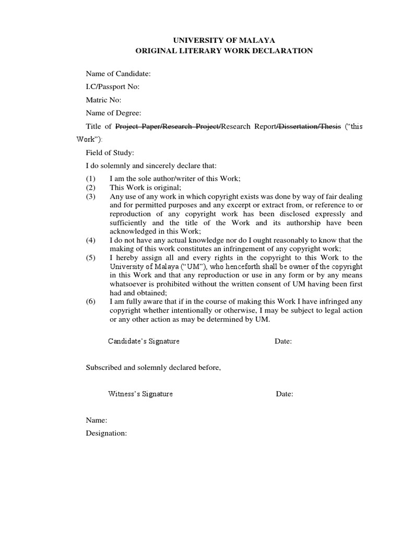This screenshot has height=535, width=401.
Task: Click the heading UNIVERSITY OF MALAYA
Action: point(224,40)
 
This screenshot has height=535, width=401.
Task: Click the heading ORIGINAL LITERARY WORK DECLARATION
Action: point(224,51)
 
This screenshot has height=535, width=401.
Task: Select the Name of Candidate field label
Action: point(118,74)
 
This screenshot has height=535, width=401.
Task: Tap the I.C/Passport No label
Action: point(112,87)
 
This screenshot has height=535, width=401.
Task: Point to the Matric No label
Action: point(103,100)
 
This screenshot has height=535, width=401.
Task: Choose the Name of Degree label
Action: point(113,113)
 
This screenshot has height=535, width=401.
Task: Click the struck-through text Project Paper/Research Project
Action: point(168,126)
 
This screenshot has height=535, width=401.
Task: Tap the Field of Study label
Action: point(110,153)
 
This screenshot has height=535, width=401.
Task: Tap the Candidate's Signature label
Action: point(144,341)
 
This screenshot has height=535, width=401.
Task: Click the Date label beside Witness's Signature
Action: point(285,394)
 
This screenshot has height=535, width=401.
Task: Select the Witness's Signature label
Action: point(140,394)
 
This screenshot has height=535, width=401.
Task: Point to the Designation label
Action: point(107,434)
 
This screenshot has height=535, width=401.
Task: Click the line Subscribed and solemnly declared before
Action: point(154,368)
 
